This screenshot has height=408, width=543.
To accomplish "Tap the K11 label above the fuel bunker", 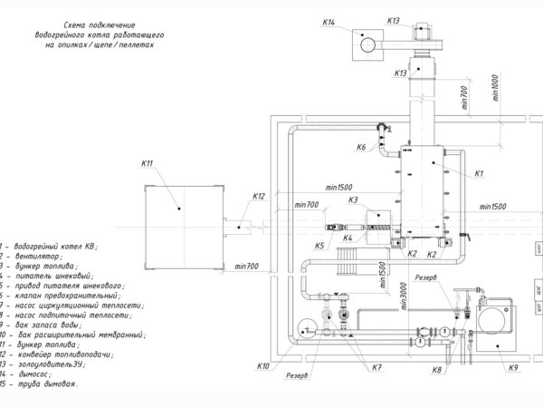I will (x=148, y=163).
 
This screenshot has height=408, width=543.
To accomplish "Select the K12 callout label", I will (x=259, y=196).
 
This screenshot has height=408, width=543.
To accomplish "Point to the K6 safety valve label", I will (x=361, y=147).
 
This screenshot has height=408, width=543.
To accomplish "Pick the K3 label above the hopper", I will (x=353, y=199).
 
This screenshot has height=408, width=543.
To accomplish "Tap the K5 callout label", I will (x=319, y=246).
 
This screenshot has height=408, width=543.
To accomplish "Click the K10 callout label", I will (x=262, y=365).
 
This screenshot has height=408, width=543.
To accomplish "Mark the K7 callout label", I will (x=376, y=366).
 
